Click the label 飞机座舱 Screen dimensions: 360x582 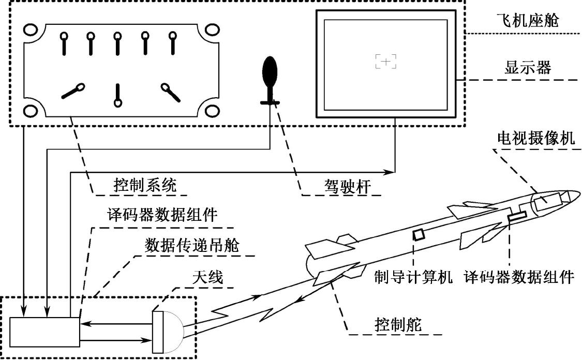pos(524,21)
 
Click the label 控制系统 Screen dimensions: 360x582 pos(144,185)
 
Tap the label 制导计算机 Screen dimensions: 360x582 pos(414,277)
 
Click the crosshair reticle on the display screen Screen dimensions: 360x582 pos(385,62)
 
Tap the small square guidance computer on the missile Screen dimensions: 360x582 pos(418,234)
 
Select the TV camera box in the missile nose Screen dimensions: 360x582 pos(546,201)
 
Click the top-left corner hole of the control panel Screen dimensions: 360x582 pos(30,29)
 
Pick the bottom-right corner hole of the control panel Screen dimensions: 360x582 pos(212,111)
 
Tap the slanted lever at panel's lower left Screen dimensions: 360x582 pos(72,92)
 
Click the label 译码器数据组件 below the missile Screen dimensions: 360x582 pos(518,277)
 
